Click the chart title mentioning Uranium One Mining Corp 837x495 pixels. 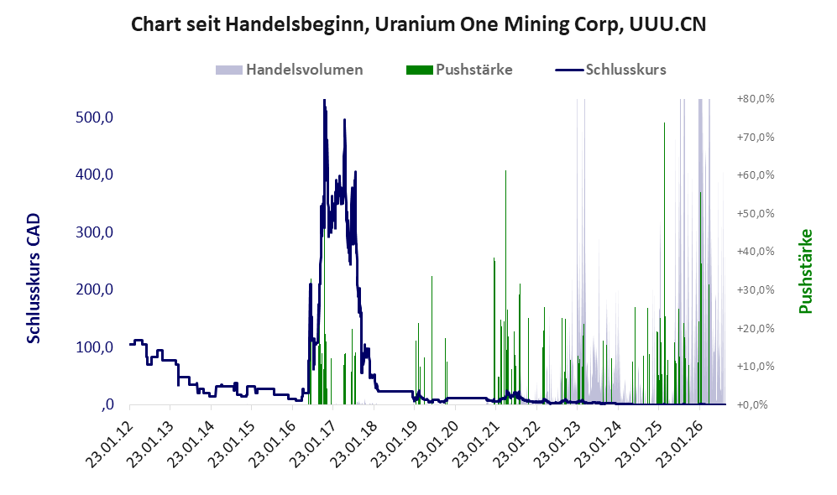click(418, 24)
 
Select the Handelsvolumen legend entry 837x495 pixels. click(290, 70)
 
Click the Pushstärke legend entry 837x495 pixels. click(459, 70)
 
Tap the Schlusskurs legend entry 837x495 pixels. click(610, 70)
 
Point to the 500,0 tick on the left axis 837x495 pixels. click(95, 117)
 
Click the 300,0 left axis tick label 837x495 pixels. click(95, 232)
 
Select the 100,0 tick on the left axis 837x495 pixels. click(95, 347)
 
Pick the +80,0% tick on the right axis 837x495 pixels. click(756, 99)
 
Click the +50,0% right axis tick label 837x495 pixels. click(756, 213)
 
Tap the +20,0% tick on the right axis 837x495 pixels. click(756, 328)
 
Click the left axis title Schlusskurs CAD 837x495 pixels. click(34, 279)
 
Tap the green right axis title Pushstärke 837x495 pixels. click(805, 272)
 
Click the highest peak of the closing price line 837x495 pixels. click(324, 101)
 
